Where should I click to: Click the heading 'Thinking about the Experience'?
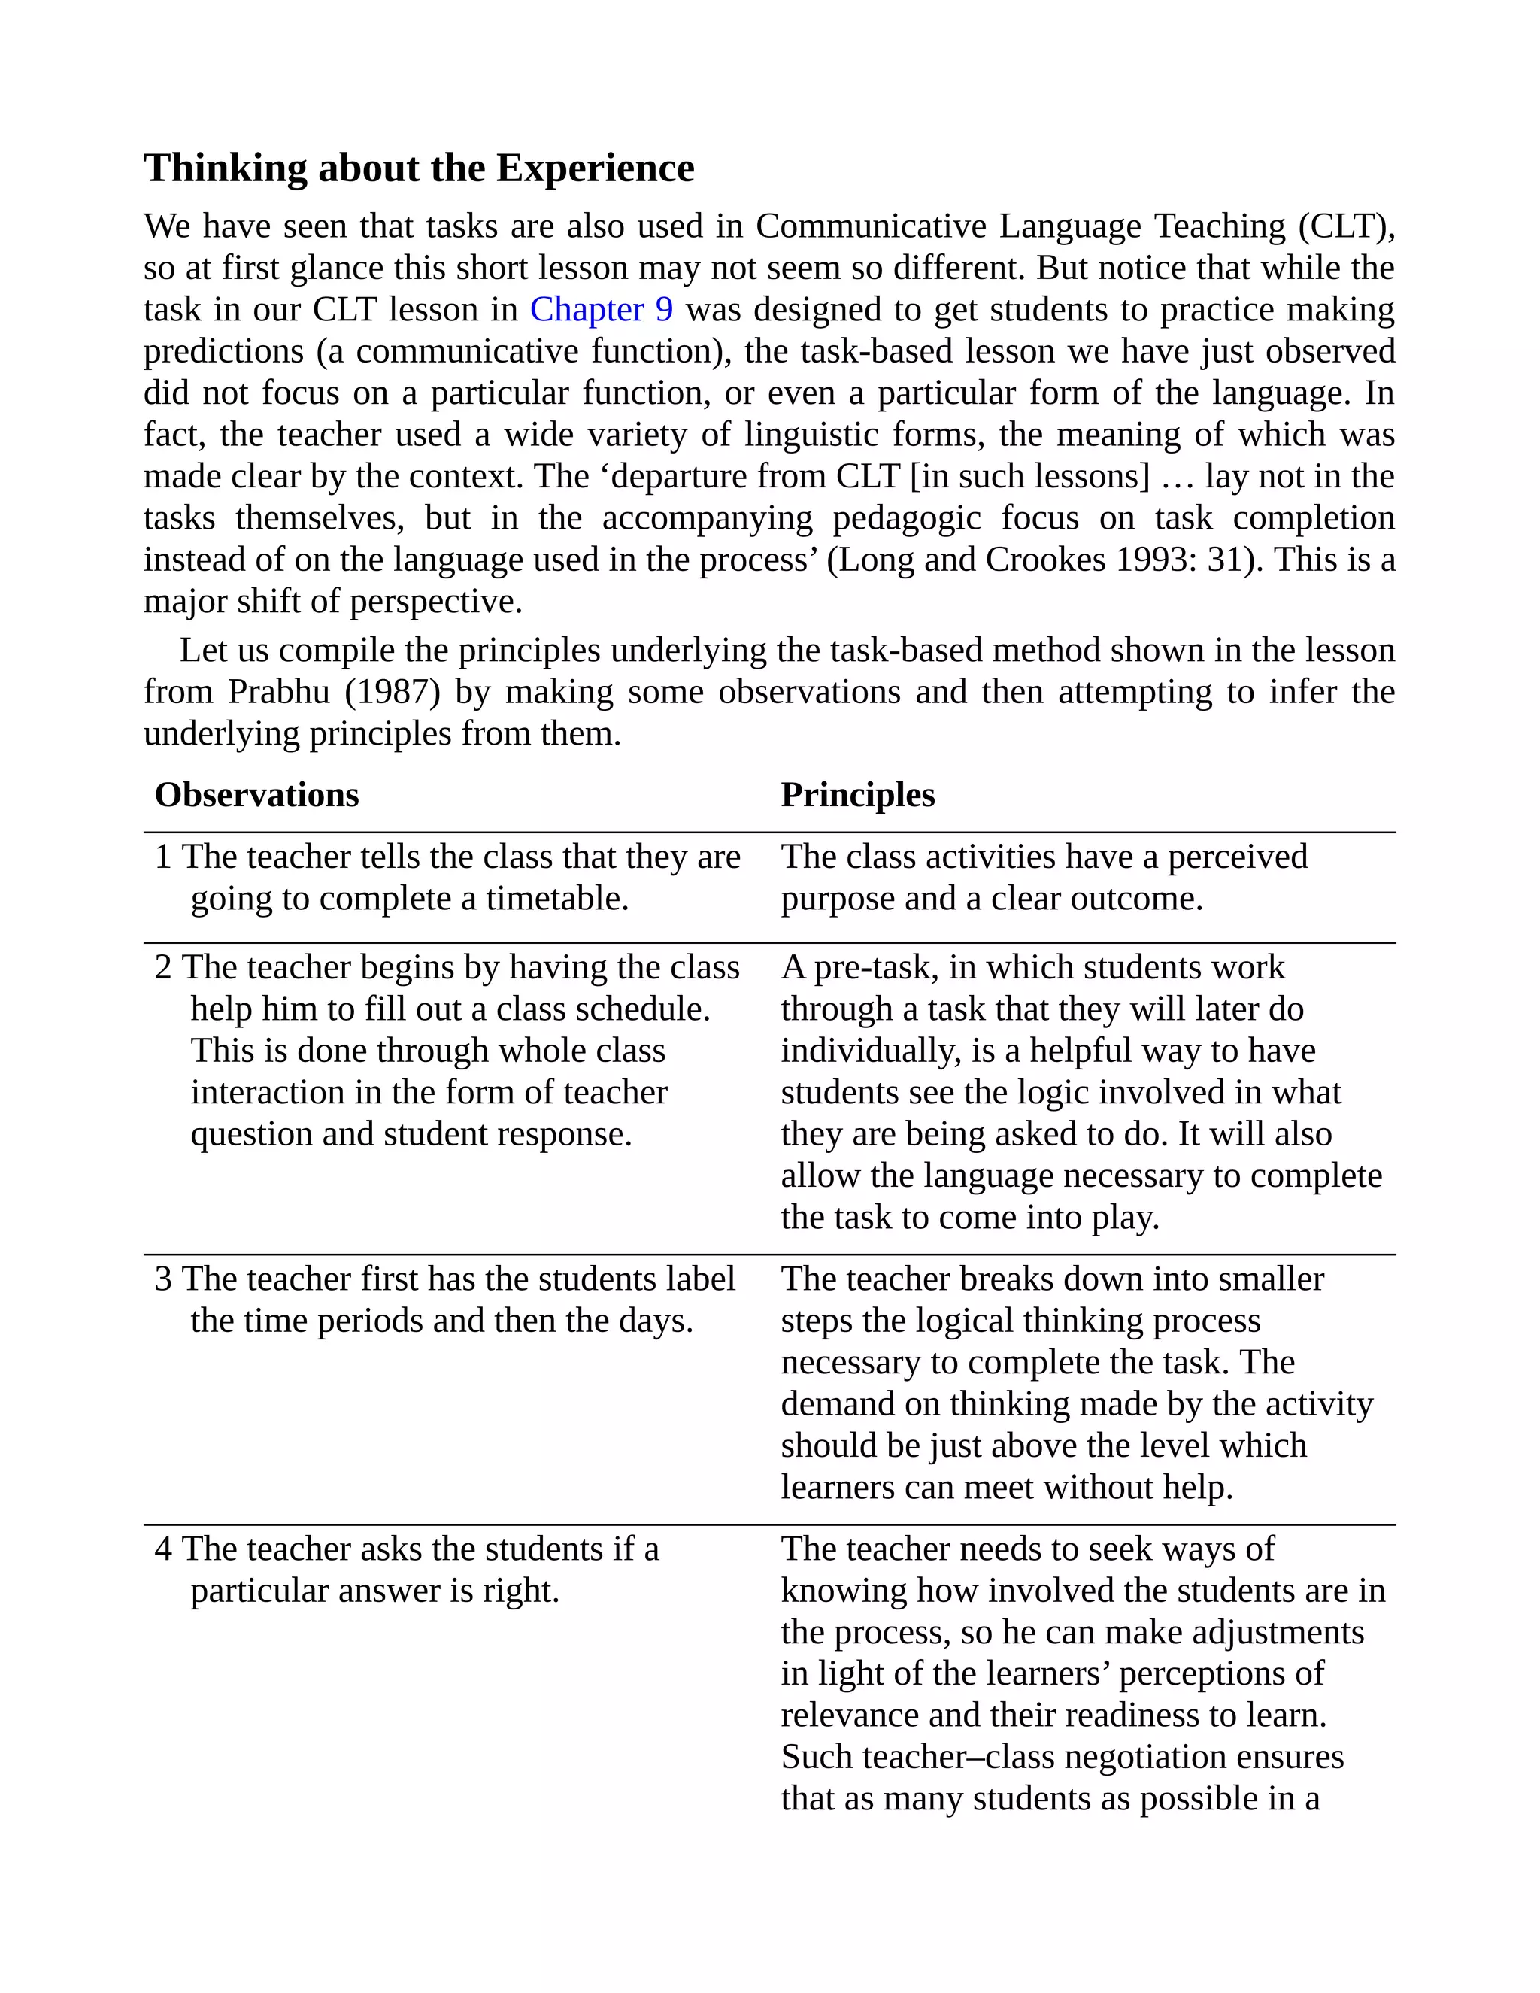(x=419, y=168)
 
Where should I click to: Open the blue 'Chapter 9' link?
(x=602, y=309)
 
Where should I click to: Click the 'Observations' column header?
(x=256, y=795)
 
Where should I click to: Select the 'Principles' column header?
(x=857, y=795)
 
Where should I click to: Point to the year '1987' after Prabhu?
(x=393, y=692)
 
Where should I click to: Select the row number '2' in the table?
(x=163, y=967)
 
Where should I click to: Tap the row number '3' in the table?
(x=163, y=1279)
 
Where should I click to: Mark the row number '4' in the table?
(x=163, y=1549)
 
